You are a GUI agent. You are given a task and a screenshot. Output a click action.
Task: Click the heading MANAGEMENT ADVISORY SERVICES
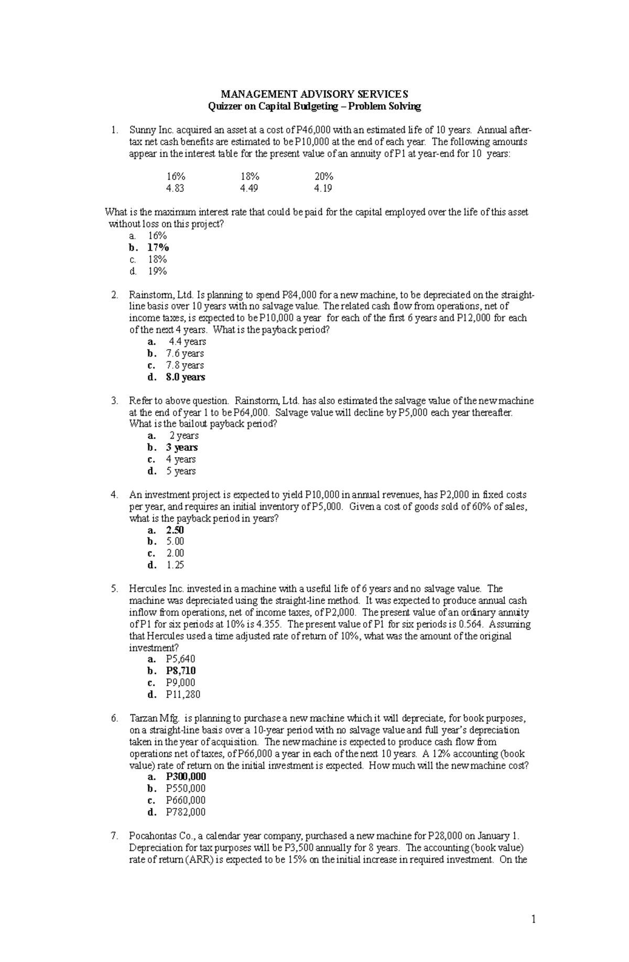pyautogui.click(x=314, y=94)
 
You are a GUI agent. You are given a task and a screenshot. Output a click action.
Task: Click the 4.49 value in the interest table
pyautogui.click(x=249, y=189)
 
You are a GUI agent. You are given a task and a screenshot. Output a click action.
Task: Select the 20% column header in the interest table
pyautogui.click(x=323, y=177)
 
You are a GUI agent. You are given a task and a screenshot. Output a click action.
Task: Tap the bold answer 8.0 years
pyautogui.click(x=185, y=377)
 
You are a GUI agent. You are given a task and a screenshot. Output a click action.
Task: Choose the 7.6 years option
pyautogui.click(x=185, y=354)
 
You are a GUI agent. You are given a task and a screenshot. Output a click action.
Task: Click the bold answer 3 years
pyautogui.click(x=181, y=448)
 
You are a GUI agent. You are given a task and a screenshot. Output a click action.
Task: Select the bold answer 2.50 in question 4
pyautogui.click(x=175, y=530)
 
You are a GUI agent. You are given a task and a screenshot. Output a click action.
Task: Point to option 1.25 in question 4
pyautogui.click(x=175, y=565)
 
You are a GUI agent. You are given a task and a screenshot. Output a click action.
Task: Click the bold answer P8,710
pyautogui.click(x=180, y=671)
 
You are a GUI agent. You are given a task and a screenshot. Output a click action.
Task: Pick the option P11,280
pyautogui.click(x=182, y=695)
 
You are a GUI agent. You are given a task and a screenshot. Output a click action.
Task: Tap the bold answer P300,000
pyautogui.click(x=186, y=777)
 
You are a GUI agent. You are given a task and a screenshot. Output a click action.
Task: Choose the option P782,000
pyautogui.click(x=186, y=812)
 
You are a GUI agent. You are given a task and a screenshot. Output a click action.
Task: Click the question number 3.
pyautogui.click(x=114, y=401)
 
